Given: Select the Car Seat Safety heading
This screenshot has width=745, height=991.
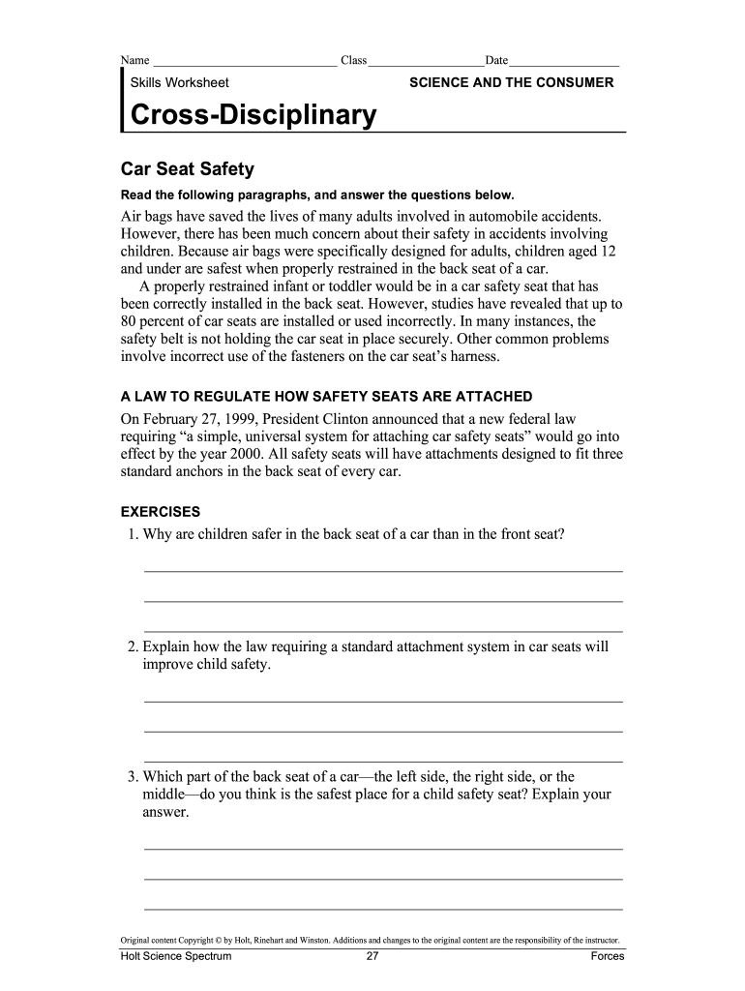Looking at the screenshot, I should [187, 169].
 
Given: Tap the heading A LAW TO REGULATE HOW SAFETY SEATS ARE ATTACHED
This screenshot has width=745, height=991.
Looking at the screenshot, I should [326, 397].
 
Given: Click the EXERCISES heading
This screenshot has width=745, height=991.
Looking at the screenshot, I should [160, 511].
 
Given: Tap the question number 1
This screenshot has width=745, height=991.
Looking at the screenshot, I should [132, 533].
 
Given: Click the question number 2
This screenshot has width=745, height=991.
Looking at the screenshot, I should [133, 646].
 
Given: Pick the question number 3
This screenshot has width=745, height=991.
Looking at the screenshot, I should [133, 776].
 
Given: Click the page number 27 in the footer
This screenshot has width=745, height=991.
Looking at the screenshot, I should [372, 957].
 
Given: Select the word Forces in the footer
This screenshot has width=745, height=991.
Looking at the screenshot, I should [608, 957].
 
